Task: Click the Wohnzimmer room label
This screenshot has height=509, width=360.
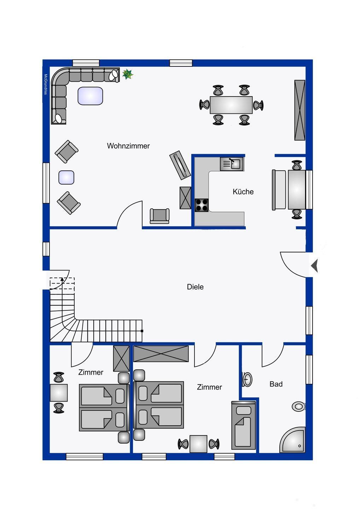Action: coord(128,146)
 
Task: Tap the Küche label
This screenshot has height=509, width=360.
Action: coord(243,192)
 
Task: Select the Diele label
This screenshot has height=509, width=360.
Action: coord(195,287)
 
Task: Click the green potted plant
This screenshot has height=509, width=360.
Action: coord(128,74)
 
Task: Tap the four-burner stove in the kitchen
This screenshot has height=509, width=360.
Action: coord(201,205)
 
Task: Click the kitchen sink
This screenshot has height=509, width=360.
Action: coord(232,164)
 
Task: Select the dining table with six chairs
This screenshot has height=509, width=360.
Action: coord(231,105)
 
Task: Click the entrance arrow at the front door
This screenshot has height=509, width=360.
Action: coord(314,265)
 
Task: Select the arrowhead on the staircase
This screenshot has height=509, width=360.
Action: coord(62,280)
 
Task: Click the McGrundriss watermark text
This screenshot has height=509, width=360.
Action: coord(46,84)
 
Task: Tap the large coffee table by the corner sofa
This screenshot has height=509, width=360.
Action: coord(90,96)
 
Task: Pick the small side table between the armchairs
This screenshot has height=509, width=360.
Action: coord(66,177)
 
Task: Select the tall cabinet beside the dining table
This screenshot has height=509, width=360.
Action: coord(300,110)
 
